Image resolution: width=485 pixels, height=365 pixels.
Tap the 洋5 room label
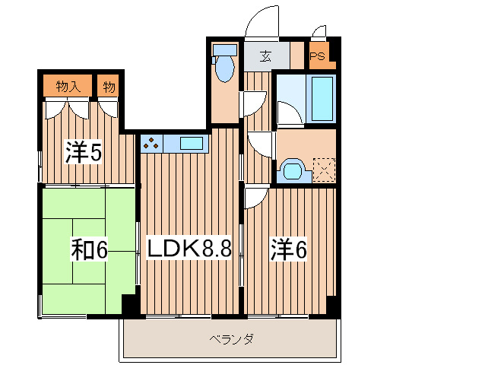point(83,153)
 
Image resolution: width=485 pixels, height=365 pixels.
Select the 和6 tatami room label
point(89,249)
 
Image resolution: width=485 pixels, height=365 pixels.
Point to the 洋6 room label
point(289,248)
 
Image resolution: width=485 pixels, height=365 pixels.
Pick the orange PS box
point(317,56)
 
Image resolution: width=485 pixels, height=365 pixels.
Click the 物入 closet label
point(68,86)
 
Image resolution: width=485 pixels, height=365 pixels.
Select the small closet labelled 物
point(109,86)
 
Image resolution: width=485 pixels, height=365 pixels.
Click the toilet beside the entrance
point(224,65)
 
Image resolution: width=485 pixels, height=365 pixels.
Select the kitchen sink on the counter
point(192,142)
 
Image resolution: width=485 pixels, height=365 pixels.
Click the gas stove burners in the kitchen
point(151,142)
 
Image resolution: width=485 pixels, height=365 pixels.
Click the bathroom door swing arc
point(287,114)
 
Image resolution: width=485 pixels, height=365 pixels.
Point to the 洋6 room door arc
point(254,195)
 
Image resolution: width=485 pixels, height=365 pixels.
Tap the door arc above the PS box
point(319,31)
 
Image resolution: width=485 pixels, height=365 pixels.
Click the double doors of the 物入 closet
point(68,108)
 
